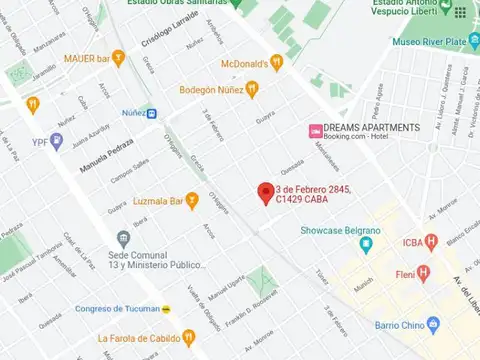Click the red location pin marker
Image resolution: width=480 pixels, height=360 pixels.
pos(265,192)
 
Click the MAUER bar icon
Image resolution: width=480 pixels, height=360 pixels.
pos(118,58)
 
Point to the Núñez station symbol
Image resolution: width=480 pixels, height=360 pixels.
pos(151,114)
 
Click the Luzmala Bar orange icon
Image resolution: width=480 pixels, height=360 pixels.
pos(191,201)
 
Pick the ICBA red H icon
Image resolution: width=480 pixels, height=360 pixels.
pos(431,240)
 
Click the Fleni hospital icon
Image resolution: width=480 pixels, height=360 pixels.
pos(423,272)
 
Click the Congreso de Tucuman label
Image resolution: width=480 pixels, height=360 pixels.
pos(116,308)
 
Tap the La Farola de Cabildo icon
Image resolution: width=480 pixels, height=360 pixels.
pos(190,337)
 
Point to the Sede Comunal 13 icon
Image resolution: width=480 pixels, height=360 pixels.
pos(123,239)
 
